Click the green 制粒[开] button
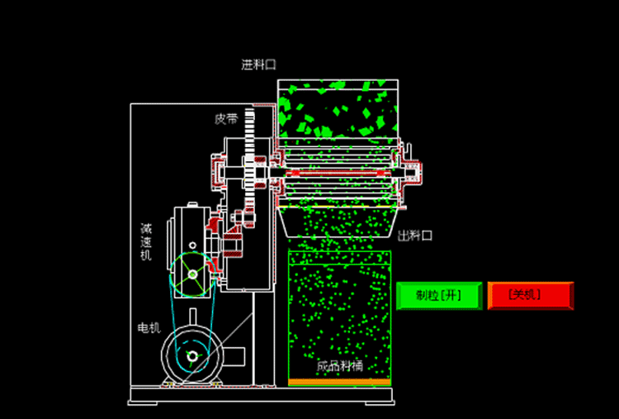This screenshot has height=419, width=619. click(439, 295)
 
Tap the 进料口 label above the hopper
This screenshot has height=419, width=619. click(258, 64)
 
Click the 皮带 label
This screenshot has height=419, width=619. click(226, 119)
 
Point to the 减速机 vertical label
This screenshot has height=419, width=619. click(145, 241)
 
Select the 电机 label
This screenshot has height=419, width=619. click(148, 328)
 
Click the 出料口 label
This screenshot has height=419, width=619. click(415, 236)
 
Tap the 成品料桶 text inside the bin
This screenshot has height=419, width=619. click(339, 365)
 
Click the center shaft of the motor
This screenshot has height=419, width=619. click(192, 357)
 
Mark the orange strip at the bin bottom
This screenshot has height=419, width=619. click(338, 382)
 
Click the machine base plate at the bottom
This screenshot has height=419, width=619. click(261, 402)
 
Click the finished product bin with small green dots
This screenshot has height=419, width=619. click(338, 314)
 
